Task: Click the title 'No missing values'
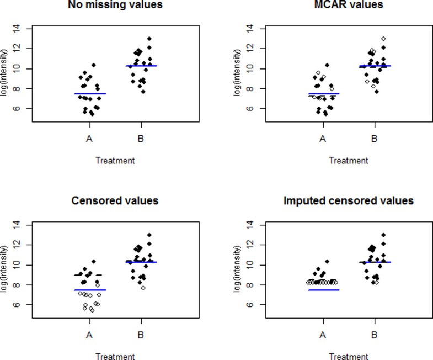click(x=115, y=5)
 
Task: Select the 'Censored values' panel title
click(x=115, y=200)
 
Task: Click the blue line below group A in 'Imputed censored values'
click(x=323, y=290)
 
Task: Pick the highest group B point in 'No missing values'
click(x=149, y=39)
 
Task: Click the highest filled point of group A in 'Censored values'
click(x=94, y=261)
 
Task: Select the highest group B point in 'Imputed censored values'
click(x=383, y=235)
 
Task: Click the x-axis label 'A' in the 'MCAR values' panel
click(x=323, y=138)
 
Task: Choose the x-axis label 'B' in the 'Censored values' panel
click(x=140, y=334)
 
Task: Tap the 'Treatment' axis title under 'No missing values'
click(x=115, y=161)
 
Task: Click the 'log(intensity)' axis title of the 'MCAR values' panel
click(x=238, y=69)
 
